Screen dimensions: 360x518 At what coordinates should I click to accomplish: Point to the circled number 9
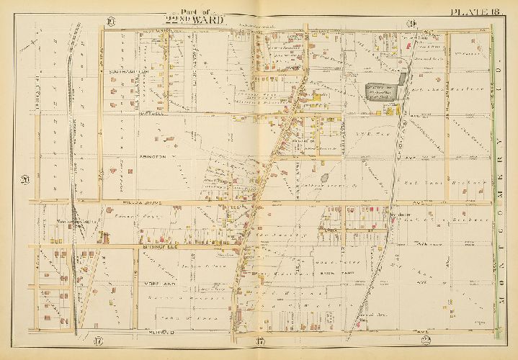pyautogui.click(x=413, y=25)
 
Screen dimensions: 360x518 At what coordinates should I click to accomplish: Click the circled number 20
pyautogui.click(x=24, y=180)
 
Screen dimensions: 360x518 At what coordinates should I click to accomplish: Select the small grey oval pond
pyautogui.click(x=323, y=176)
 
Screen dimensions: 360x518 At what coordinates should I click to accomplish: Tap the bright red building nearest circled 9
pyautogui.click(x=409, y=44)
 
